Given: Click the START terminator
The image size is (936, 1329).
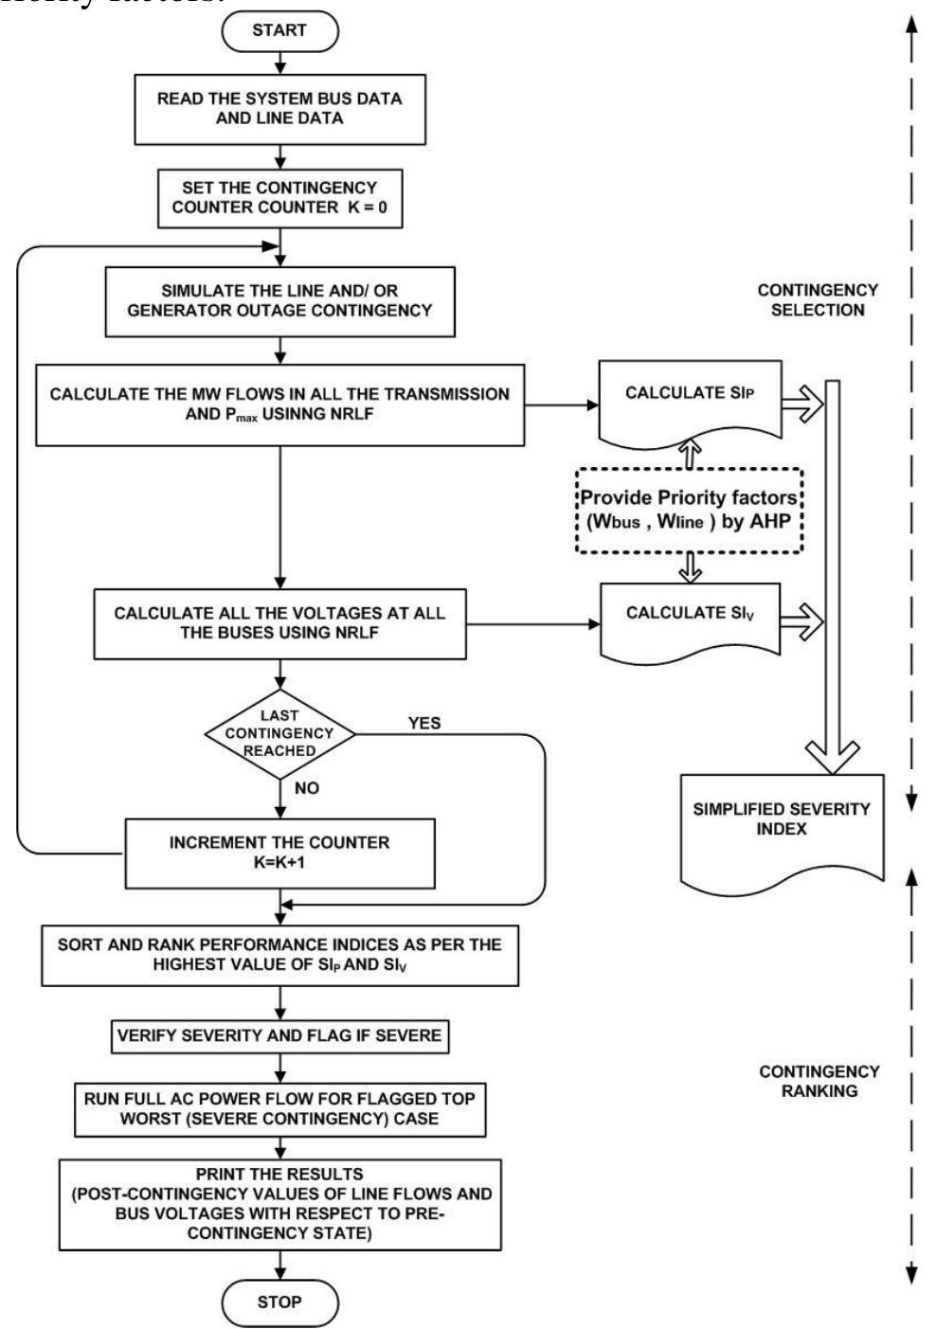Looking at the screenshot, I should coord(279,31).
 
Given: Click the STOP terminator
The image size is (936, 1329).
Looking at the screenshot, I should coord(279,1302).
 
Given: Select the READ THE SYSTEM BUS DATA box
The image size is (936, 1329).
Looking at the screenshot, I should coord(279,109).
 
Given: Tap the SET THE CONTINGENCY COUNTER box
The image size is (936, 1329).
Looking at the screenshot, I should coord(279,197).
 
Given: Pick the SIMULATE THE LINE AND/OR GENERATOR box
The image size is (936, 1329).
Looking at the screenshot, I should coord(279,300).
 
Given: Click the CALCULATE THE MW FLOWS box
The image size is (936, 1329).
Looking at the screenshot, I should coord(279,404).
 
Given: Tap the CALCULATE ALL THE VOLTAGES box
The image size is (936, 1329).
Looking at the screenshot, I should coord(279,622).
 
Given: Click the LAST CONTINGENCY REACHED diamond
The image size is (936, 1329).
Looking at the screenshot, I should coord(279,732).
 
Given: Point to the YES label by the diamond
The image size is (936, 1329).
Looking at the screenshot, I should coord(424,723).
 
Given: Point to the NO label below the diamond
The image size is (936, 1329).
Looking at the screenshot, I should coord(307,788).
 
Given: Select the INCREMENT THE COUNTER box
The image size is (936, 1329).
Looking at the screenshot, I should coord(279,853).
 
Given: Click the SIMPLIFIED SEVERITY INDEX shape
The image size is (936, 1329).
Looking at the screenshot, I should coord(782,822).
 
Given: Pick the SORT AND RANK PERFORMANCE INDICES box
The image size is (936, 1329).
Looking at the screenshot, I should coord(279,954).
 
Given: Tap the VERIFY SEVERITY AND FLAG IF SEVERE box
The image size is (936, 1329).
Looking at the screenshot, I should coord(279,1035).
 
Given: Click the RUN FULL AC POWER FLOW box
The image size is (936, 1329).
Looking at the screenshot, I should coord(279,1108).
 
